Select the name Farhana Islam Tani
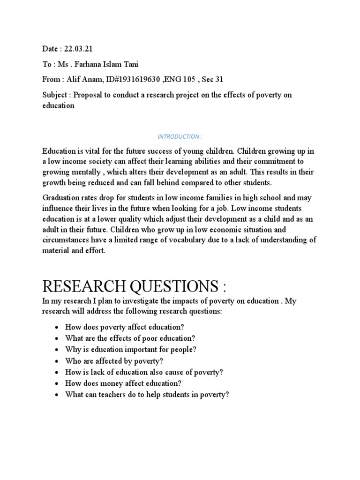point(111,65)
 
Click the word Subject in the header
point(55,95)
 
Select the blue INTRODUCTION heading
point(180,136)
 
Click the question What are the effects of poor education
point(130,338)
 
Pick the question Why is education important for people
point(131,349)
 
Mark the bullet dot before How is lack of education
point(57,372)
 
